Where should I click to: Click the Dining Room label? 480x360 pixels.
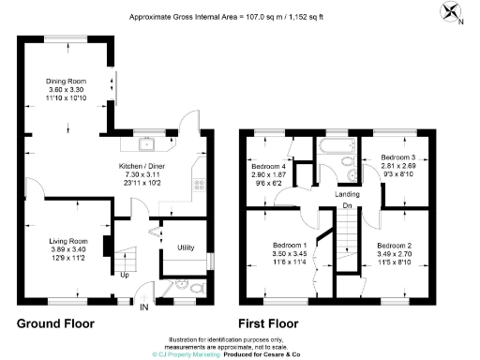coord(67,81)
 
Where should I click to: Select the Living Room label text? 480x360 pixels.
coord(67,241)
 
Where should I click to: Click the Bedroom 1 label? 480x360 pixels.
coord(280,245)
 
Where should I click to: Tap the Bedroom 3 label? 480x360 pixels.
coord(397,157)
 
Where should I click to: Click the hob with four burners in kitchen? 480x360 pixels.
coord(199,185)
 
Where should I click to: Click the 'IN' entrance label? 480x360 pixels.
coord(143,307)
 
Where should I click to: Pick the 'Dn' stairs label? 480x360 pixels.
coord(348,205)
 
